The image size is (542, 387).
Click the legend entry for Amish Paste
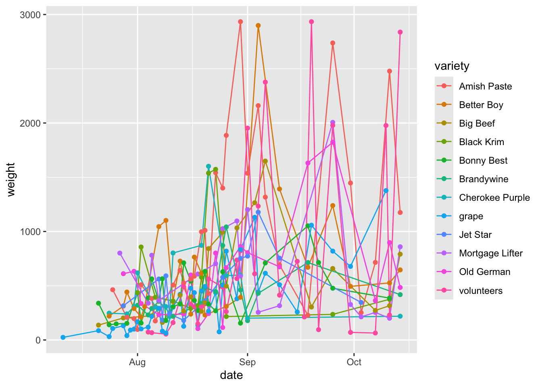(485, 86)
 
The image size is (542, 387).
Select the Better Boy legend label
(481, 105)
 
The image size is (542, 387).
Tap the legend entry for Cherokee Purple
(494, 198)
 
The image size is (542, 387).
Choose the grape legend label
(471, 216)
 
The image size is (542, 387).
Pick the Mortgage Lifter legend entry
(490, 253)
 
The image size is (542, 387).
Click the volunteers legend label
(481, 291)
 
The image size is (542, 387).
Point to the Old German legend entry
(484, 272)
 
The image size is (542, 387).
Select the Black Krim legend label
(482, 142)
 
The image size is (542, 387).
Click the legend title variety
(452, 66)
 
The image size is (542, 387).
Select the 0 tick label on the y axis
(38, 340)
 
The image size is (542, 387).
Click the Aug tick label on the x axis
(137, 362)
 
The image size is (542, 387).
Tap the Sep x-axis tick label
(247, 362)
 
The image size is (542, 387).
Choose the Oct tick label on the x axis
(354, 362)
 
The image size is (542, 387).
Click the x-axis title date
(231, 375)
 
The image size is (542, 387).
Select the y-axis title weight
(11, 179)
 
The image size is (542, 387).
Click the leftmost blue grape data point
(63, 337)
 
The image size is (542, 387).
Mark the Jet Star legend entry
(475, 235)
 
